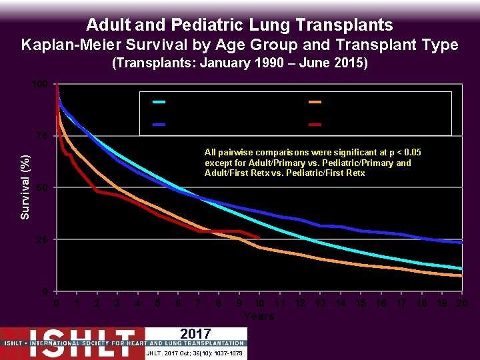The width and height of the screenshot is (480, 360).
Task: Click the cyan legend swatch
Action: pos(159,102)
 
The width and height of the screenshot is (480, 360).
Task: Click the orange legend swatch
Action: pos(315,102)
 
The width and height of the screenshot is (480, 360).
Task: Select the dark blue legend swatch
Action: pos(159,125)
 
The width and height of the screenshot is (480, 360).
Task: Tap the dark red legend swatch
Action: pos(315,125)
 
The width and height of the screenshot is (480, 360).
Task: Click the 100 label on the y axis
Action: pos(39,84)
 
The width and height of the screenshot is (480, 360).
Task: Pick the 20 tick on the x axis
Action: pos(461,303)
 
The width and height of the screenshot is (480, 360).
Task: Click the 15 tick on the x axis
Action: pos(360,303)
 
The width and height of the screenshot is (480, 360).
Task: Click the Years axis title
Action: pos(259,316)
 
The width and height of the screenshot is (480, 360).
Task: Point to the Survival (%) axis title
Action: pos(25,187)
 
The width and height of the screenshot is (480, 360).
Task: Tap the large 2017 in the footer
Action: pos(195,334)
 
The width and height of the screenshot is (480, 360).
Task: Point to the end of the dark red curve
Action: pos(259,237)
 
